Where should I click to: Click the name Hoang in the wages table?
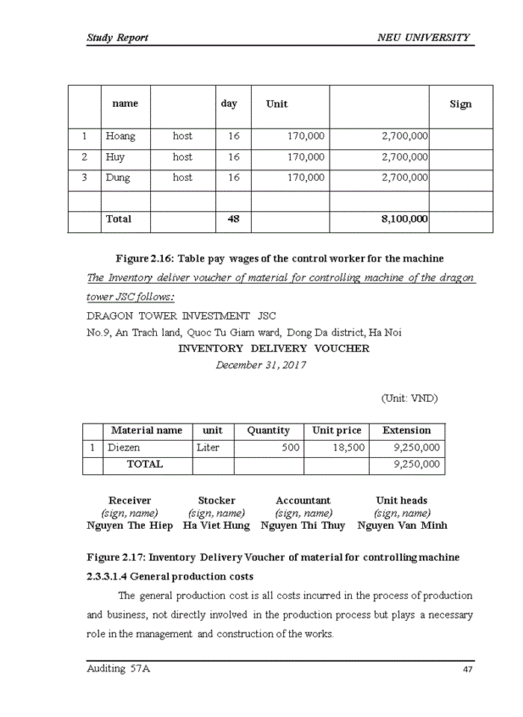pyautogui.click(x=120, y=137)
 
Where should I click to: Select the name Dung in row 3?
pyautogui.click(x=117, y=178)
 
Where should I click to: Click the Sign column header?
pyautogui.click(x=460, y=105)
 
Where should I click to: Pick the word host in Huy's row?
pyautogui.click(x=182, y=158)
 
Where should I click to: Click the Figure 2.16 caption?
pyautogui.click(x=279, y=258)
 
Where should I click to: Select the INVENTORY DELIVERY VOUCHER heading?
pyautogui.click(x=273, y=349)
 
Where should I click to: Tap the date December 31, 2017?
pyautogui.click(x=261, y=365)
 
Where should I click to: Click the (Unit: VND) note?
pyautogui.click(x=409, y=398)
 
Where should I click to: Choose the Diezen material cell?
pyautogui.click(x=124, y=448)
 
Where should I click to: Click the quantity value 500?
pyautogui.click(x=290, y=448)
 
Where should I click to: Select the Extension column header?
pyautogui.click(x=406, y=430)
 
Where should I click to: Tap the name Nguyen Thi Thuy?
pyautogui.click(x=303, y=526)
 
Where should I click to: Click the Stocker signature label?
pyautogui.click(x=217, y=500)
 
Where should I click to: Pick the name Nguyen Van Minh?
pyautogui.click(x=402, y=526)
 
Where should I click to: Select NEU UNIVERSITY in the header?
pyautogui.click(x=424, y=37)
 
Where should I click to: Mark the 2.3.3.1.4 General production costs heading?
pyautogui.click(x=170, y=577)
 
